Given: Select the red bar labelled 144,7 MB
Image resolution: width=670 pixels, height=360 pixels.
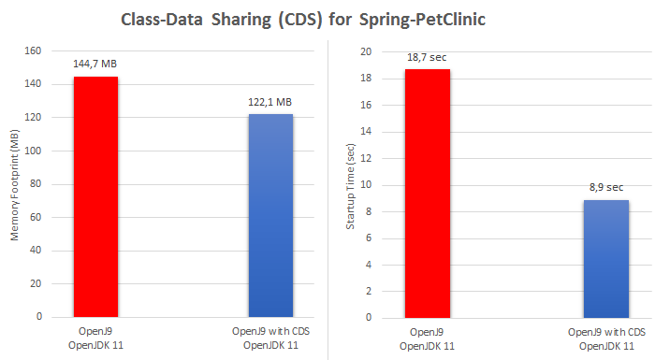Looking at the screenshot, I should [95, 196].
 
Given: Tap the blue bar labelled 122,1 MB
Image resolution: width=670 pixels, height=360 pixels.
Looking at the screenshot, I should [270, 215].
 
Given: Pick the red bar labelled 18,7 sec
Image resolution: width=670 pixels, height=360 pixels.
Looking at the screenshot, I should [428, 193].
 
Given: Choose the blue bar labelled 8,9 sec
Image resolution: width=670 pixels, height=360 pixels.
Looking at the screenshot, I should [606, 258].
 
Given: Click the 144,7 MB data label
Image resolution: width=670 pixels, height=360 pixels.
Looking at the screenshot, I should [95, 64].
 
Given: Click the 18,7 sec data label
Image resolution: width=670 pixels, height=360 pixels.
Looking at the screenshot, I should [428, 57].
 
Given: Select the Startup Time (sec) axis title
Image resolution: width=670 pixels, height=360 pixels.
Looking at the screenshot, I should [351, 185].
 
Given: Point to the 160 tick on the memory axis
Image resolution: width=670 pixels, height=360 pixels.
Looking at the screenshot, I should [33, 51].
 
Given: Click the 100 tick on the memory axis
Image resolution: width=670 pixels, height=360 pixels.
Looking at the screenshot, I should [33, 151].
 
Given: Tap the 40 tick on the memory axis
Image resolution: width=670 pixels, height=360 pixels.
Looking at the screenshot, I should [35, 251].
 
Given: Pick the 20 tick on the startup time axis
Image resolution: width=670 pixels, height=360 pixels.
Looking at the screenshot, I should [367, 52].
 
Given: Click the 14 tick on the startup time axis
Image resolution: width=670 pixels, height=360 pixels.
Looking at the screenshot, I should [367, 132].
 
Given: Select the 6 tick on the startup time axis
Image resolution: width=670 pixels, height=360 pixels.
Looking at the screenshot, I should [369, 238].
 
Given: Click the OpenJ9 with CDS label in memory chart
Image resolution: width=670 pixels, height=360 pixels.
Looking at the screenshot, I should [270, 332].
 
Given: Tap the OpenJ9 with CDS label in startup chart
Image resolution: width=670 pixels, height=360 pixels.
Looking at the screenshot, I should [606, 333].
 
